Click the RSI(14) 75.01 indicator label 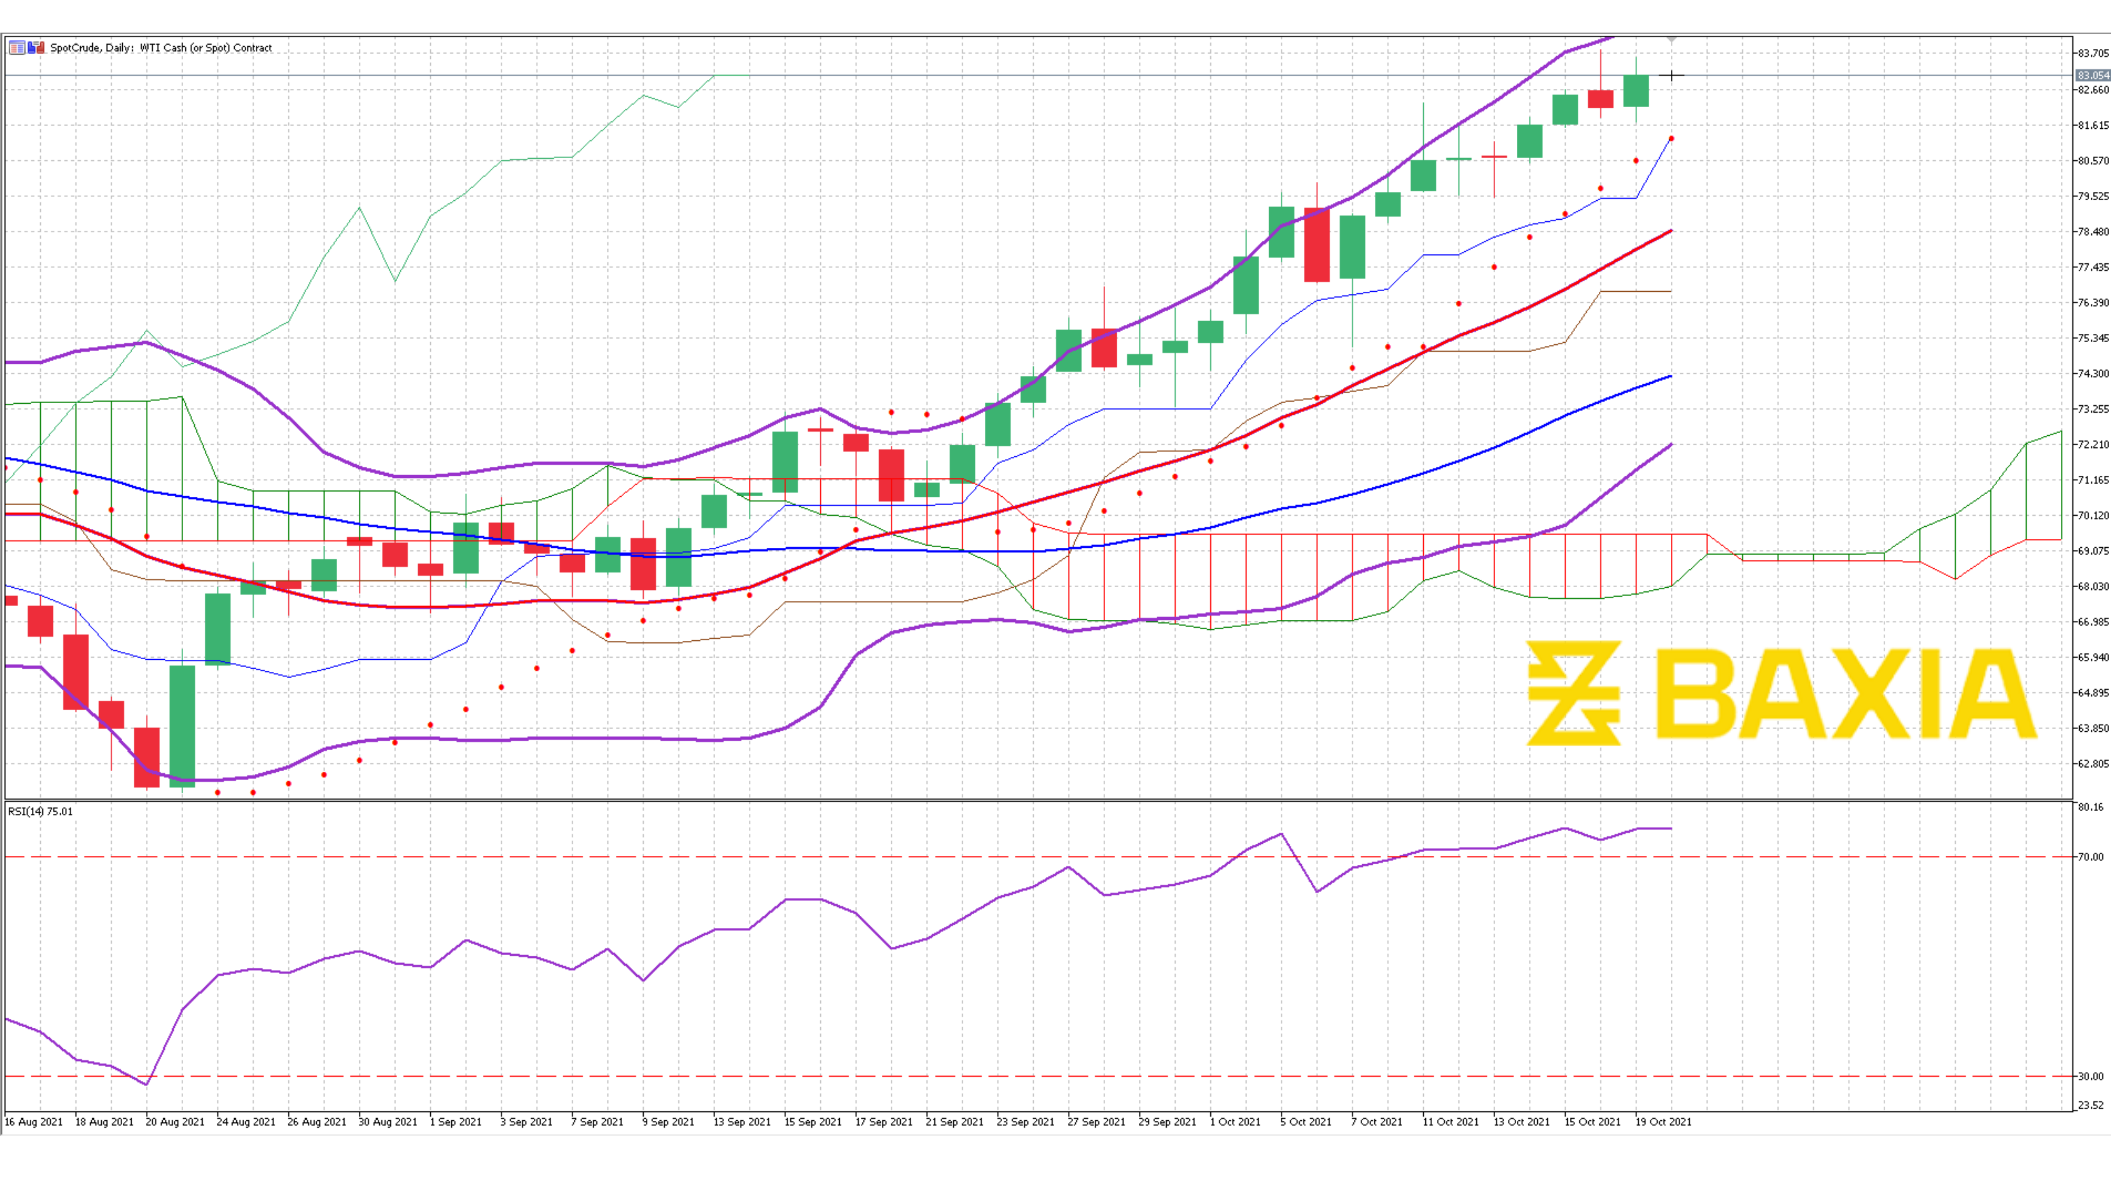coord(40,811)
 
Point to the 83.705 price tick coord(2092,53)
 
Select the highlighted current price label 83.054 coord(2092,75)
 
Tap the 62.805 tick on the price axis coord(2092,763)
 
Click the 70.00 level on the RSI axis coord(2090,857)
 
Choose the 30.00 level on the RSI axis coord(2090,1077)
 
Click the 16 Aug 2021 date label coord(33,1122)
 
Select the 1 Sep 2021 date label coord(456,1122)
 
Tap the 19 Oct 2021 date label coord(1663,1122)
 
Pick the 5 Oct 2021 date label coord(1306,1122)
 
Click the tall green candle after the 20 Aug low coord(182,725)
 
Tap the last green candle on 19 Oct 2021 coord(1636,91)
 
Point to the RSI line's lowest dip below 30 coord(147,1084)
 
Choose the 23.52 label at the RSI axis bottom coord(2090,1105)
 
